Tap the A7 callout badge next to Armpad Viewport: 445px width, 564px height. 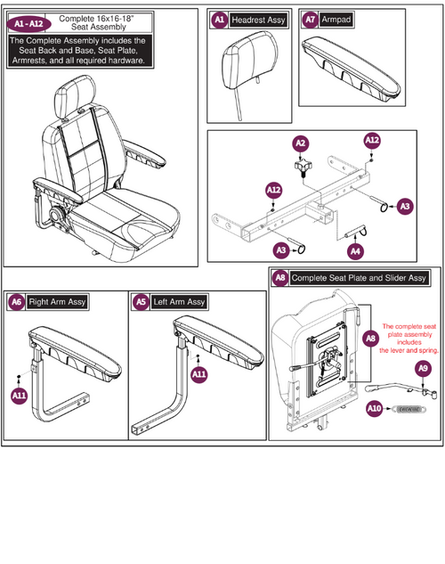coord(309,19)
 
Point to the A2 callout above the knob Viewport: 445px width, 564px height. coord(301,143)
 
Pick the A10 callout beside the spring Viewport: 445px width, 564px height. coord(375,409)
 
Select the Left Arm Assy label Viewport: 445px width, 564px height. coord(179,302)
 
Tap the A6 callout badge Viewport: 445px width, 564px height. coord(16,302)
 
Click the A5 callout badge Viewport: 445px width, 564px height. coord(140,302)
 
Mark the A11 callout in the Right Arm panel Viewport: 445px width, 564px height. coord(19,395)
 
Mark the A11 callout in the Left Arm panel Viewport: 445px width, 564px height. coord(201,375)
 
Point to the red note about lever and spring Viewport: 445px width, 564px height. coord(409,339)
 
